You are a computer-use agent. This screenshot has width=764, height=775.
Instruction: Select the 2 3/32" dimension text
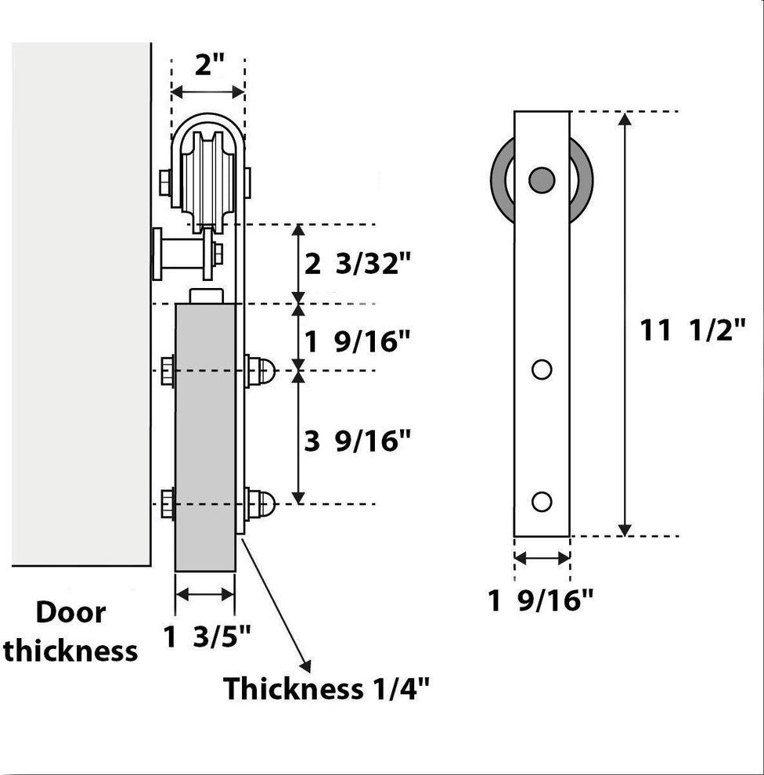[357, 264]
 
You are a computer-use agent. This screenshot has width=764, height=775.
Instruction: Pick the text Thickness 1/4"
[326, 689]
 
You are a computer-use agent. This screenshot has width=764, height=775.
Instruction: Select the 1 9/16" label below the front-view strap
[541, 601]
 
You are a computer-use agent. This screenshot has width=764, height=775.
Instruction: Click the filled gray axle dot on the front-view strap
[541, 179]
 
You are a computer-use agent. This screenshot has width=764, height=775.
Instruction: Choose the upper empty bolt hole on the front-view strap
[542, 369]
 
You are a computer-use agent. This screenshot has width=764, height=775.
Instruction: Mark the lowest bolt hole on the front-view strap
[542, 501]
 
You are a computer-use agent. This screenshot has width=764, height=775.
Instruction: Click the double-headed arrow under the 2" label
[207, 92]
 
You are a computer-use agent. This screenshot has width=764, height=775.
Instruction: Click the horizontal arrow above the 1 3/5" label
[205, 595]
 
